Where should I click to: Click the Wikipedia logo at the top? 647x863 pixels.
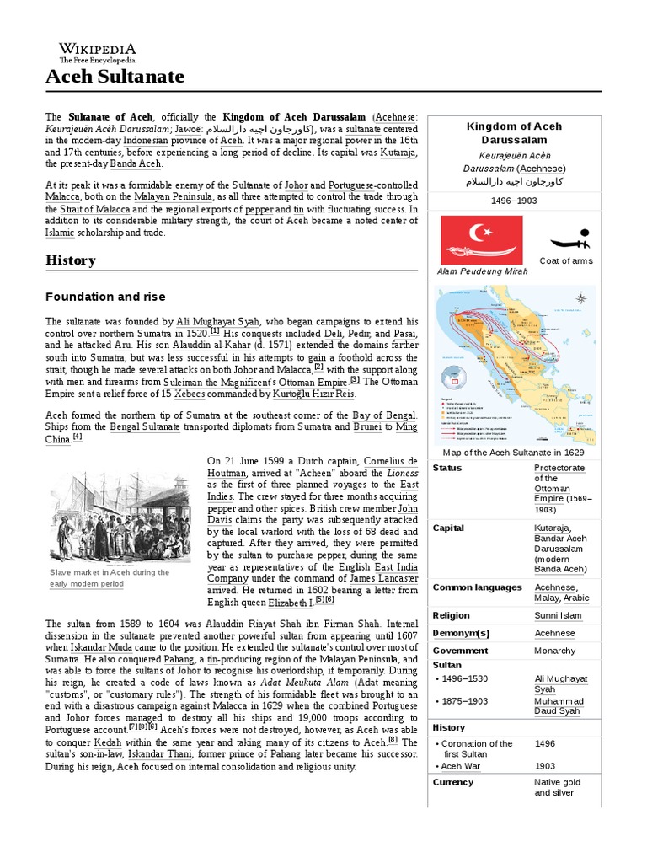coord(97,53)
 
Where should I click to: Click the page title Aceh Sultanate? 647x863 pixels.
coord(115,78)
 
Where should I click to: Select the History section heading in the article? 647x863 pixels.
coord(70,260)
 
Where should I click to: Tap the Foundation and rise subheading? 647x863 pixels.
coord(105,297)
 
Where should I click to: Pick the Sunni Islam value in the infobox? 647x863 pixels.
coord(558,615)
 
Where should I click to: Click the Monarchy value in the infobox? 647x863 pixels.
coord(555,651)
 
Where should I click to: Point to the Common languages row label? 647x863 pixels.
coord(477,587)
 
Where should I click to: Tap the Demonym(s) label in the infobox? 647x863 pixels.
coord(461,633)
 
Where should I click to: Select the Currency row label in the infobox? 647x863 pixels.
coord(453,781)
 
